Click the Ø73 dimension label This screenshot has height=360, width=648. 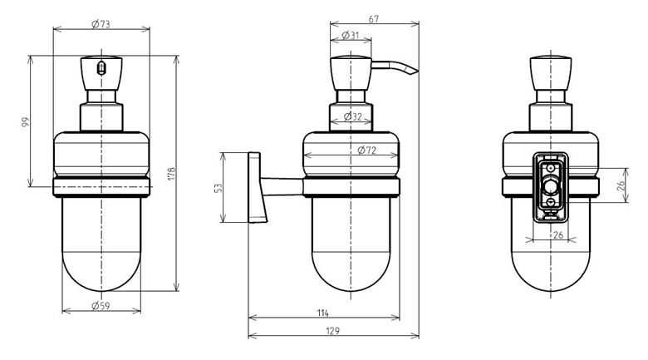[101, 24]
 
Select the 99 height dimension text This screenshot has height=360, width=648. [26, 122]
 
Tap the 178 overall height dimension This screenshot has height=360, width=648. [172, 173]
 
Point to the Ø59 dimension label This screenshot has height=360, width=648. [101, 306]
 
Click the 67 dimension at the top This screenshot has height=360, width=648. [374, 19]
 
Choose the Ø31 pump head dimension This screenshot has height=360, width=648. [351, 35]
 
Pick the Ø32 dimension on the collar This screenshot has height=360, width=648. [352, 116]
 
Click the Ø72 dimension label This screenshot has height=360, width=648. [367, 150]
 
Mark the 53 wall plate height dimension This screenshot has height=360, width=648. [218, 188]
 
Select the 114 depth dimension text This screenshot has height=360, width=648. [323, 313]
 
